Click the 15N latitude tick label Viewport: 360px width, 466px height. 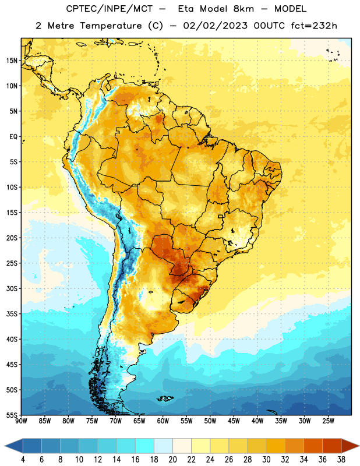[x=12, y=61]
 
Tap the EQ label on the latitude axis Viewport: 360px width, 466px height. [x=13, y=137]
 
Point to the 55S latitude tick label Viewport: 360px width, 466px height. [x=12, y=415]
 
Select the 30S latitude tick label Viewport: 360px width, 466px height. [x=12, y=288]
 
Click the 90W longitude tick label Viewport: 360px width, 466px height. [x=21, y=421]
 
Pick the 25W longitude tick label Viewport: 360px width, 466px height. [x=328, y=421]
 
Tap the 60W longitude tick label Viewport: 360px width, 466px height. [x=163, y=421]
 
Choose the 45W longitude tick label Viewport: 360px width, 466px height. [x=234, y=421]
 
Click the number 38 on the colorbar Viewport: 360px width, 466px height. [x=341, y=460]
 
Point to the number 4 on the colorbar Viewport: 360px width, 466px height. [x=23, y=460]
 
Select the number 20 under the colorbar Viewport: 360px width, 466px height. [x=172, y=460]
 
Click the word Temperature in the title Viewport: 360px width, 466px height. [x=111, y=26]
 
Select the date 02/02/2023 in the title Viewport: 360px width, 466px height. [x=215, y=26]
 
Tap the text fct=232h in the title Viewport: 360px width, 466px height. [x=314, y=26]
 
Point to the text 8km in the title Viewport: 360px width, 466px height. [x=243, y=9]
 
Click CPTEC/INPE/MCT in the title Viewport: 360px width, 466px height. [x=110, y=9]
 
